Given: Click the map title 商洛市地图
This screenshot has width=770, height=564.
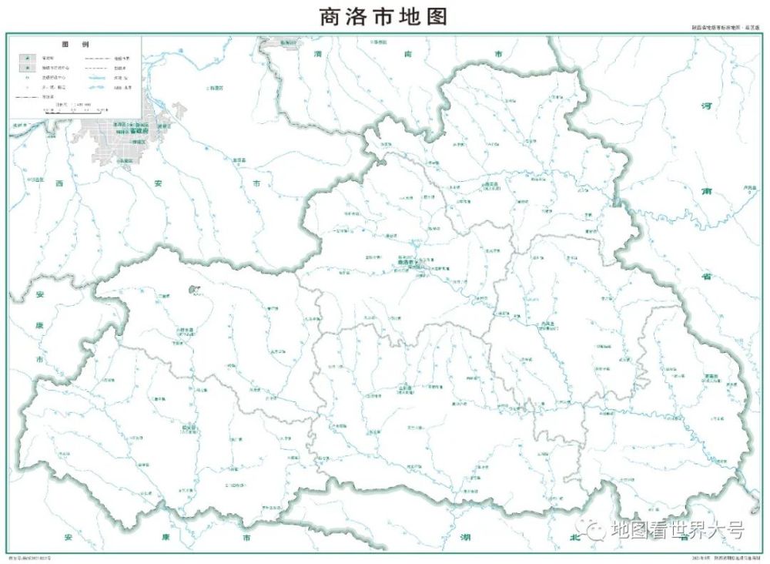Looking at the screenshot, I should (383, 16).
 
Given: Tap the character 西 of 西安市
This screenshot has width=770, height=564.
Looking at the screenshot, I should (59, 184).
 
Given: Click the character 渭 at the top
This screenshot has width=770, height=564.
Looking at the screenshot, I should (316, 55).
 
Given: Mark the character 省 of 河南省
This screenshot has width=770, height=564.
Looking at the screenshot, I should (705, 277).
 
